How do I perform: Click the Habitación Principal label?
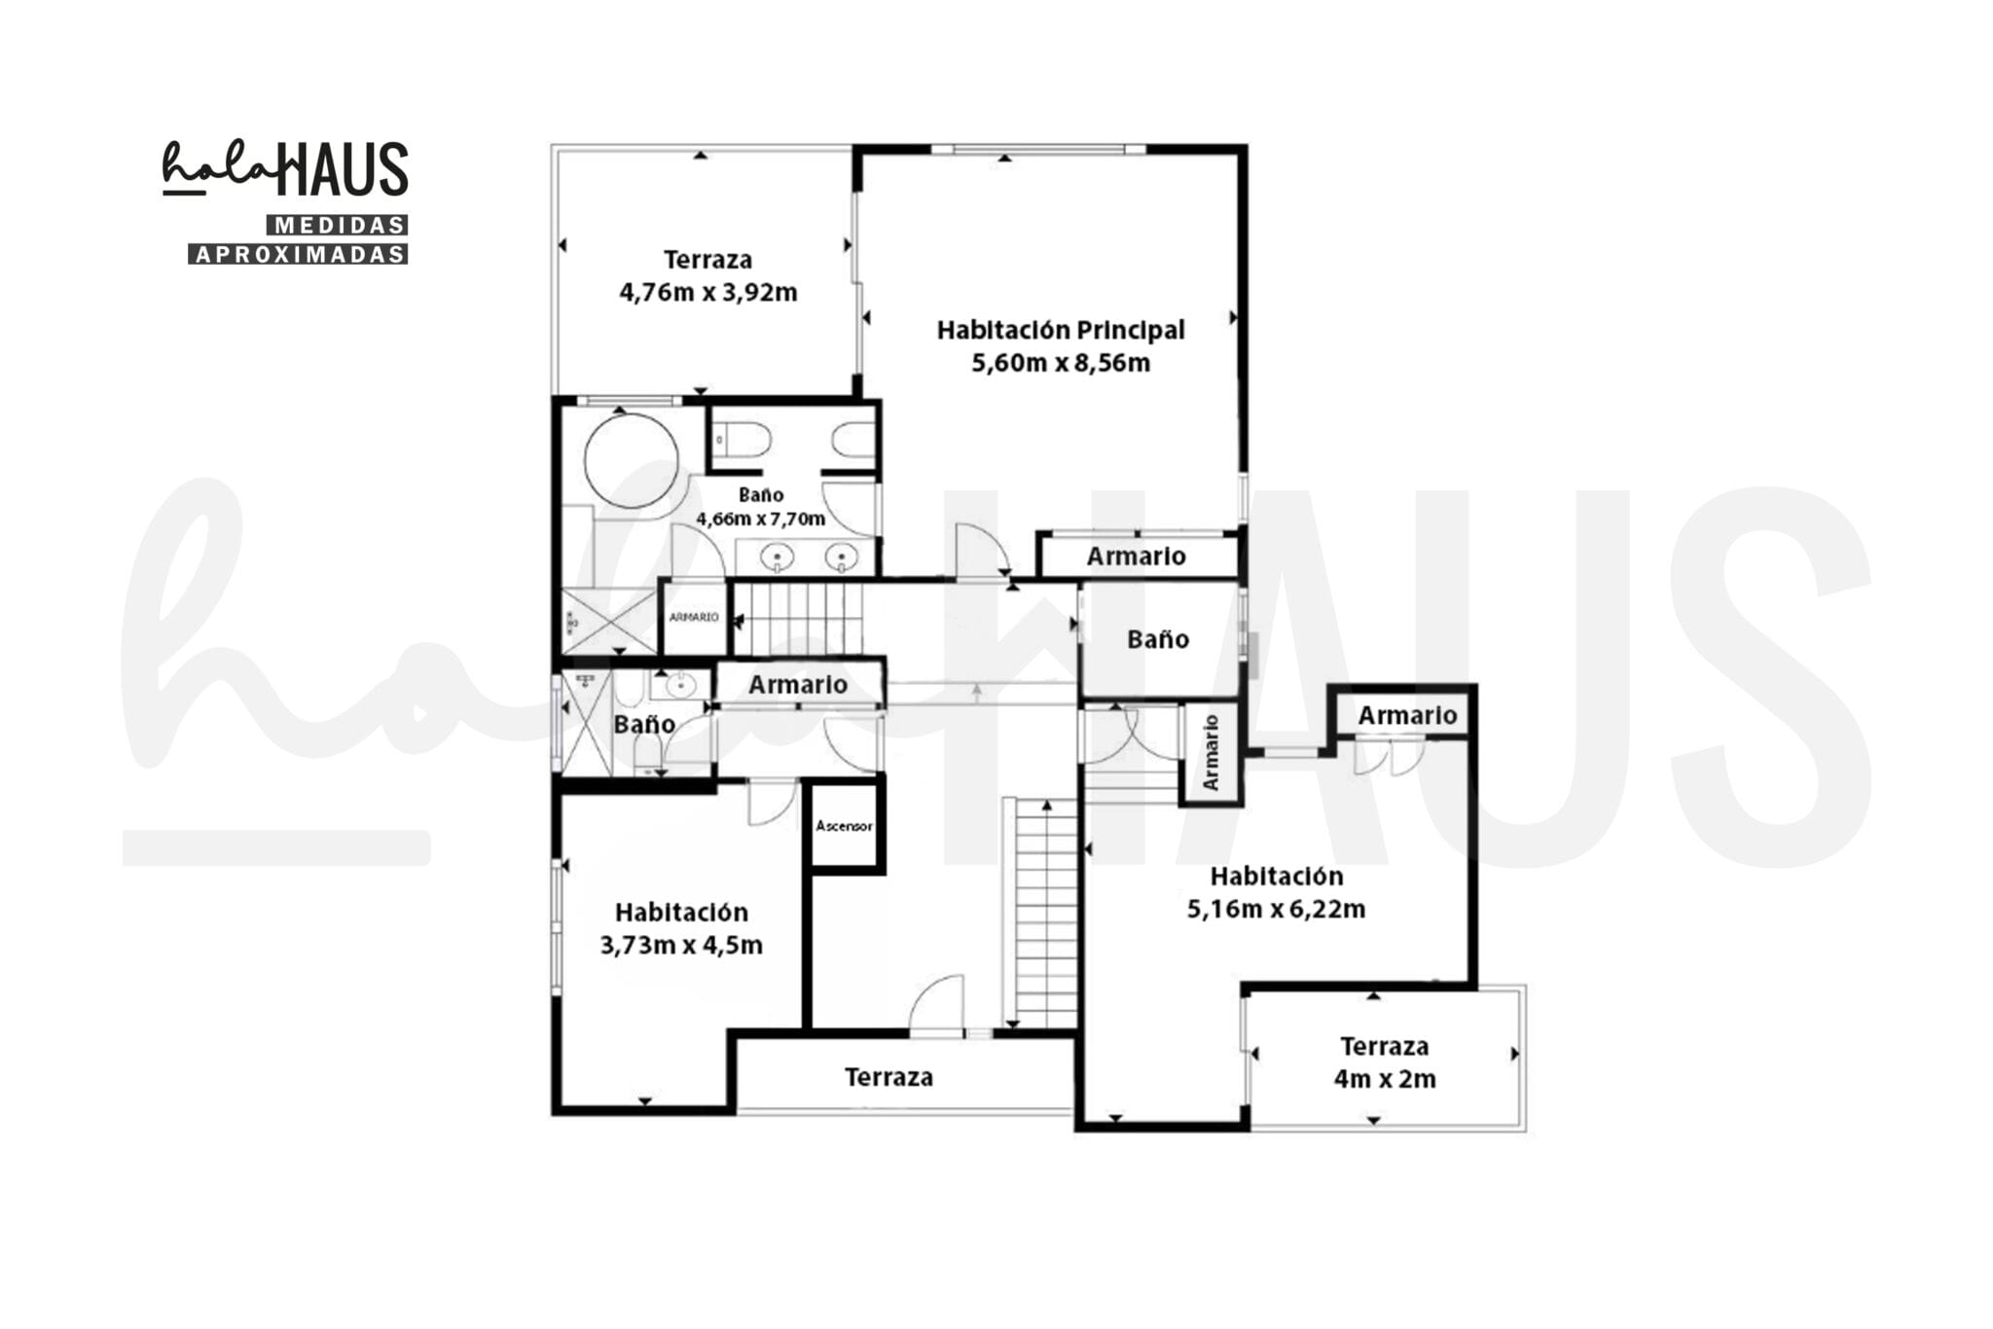(x=1061, y=331)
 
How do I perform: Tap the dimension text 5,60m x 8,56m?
(x=1061, y=363)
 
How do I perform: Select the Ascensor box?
(x=845, y=826)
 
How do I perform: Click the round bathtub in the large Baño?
(x=631, y=461)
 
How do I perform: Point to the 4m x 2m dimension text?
(x=1385, y=1079)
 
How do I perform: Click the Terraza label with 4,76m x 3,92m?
(x=707, y=260)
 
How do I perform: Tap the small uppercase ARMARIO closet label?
(x=694, y=617)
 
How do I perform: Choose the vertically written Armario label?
(x=1211, y=752)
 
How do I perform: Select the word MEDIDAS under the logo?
(x=338, y=226)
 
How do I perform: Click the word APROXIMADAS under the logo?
(x=298, y=254)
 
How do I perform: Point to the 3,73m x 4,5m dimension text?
(x=681, y=945)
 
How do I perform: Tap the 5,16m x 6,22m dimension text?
(x=1276, y=909)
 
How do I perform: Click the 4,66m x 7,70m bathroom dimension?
(x=760, y=519)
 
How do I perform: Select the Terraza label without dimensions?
(x=888, y=1077)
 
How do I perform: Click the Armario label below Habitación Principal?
(x=1136, y=557)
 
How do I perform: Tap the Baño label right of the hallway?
(x=1158, y=639)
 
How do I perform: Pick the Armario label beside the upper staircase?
(x=798, y=685)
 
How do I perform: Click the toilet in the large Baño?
(x=742, y=441)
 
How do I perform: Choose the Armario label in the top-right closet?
(x=1407, y=716)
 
